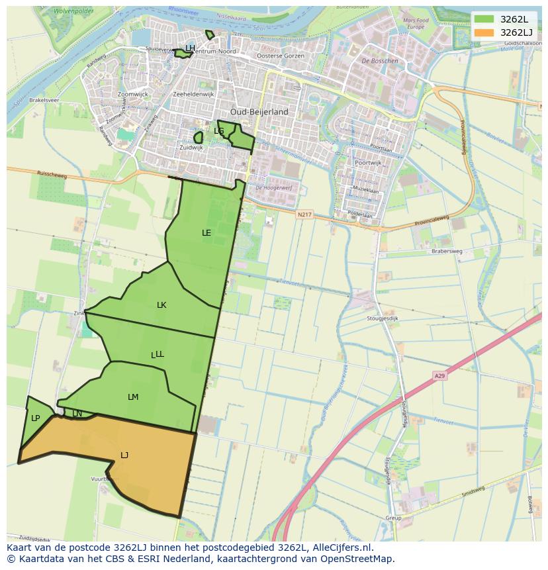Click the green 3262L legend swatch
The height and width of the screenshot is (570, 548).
[x=484, y=19]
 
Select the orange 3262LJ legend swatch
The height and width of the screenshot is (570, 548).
[x=484, y=32]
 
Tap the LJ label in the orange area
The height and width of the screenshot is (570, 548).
[x=124, y=455]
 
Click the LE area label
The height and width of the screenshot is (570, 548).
[x=206, y=232]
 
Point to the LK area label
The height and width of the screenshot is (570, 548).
[x=161, y=305]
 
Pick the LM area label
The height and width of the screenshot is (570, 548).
[x=133, y=397]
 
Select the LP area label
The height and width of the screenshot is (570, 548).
[x=35, y=418]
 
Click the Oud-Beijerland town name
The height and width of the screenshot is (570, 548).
[x=259, y=112]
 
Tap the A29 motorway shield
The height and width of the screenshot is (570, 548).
[x=439, y=375]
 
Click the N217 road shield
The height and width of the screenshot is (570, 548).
[x=304, y=214]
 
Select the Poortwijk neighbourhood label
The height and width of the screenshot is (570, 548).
[x=368, y=162]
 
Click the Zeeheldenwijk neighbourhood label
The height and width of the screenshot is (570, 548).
[x=193, y=95]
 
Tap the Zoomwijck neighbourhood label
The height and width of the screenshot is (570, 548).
[x=132, y=95]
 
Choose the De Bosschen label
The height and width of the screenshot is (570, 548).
[x=380, y=61]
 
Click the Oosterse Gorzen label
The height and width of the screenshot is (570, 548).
[x=280, y=56]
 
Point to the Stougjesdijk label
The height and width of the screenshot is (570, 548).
[x=383, y=318]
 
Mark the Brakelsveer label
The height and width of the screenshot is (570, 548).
[x=44, y=100]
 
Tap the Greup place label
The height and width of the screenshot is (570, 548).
[x=393, y=518]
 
